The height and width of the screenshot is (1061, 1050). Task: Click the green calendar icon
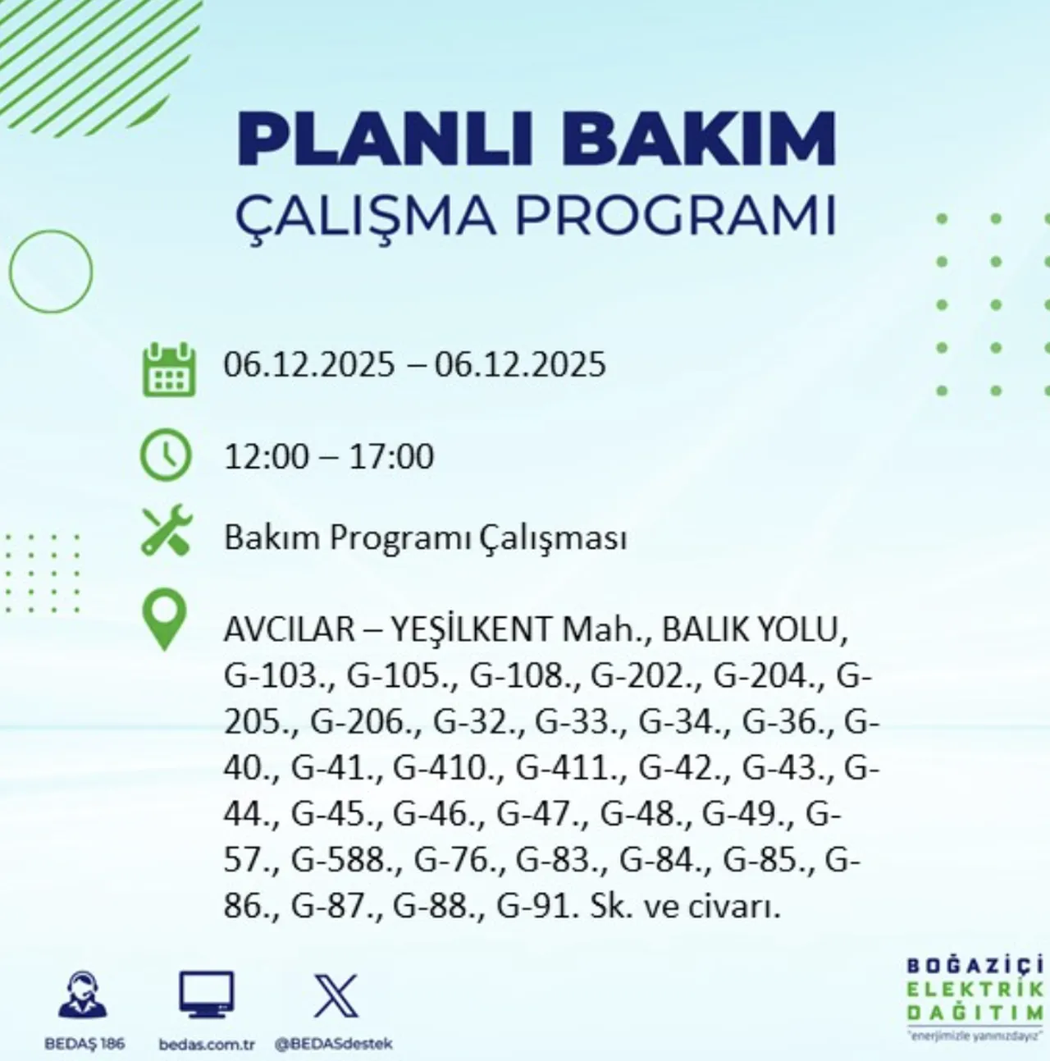169,370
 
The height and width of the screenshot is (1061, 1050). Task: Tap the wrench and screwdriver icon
167,531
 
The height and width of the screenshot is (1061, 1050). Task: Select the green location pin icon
164,621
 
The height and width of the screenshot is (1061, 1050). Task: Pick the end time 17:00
391,456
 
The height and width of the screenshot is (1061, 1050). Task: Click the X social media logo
336,995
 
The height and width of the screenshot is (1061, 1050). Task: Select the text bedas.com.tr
207,1045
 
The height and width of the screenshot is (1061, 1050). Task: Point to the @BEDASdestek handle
333,1045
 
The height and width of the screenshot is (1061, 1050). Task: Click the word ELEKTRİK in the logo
975,990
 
